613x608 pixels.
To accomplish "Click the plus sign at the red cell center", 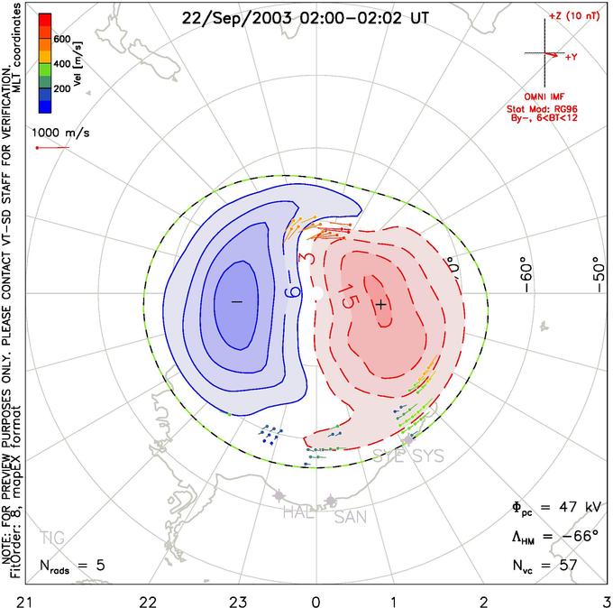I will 380,305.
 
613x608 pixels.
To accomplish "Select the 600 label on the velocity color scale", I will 63,39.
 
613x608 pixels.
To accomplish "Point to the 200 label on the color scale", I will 63,89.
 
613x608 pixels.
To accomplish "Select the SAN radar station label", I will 351,517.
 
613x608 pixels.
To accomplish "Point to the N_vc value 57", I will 568,566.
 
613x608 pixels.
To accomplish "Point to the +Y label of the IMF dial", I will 572,57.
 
